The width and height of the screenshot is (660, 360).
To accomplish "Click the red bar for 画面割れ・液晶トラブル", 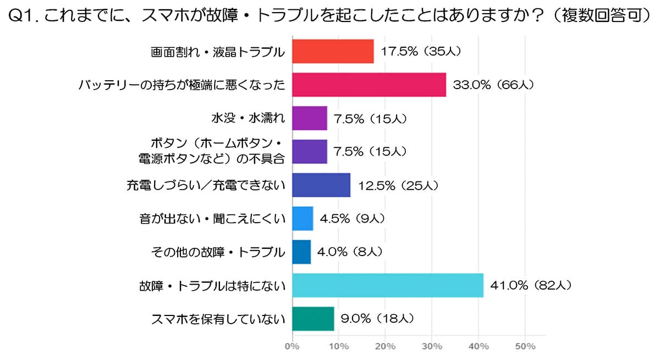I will (333, 52).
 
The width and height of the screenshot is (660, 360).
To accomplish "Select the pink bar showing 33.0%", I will (369, 85).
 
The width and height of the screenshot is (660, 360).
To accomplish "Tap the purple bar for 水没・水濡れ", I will (310, 118).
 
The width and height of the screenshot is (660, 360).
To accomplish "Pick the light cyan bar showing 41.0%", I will (388, 285).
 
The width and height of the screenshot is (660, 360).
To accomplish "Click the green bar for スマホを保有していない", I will (313, 319).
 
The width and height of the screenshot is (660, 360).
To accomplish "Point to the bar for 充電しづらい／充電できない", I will (321, 185).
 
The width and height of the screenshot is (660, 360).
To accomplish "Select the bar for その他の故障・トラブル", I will (301, 252).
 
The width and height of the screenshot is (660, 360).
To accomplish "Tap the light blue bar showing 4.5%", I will (302, 218).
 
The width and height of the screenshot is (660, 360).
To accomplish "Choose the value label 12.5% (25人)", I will (398, 185).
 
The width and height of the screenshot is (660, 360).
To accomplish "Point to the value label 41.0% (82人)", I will (531, 285).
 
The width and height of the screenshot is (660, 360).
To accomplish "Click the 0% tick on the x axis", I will (291, 347).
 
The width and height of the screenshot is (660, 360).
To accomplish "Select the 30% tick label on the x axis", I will (432, 347).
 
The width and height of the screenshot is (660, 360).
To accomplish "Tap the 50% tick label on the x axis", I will (525, 347).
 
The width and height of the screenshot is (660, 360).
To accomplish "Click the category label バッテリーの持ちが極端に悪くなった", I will (182, 85).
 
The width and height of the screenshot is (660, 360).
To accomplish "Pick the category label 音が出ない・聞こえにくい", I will (212, 219).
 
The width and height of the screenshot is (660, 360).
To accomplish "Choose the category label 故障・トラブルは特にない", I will (212, 285).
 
